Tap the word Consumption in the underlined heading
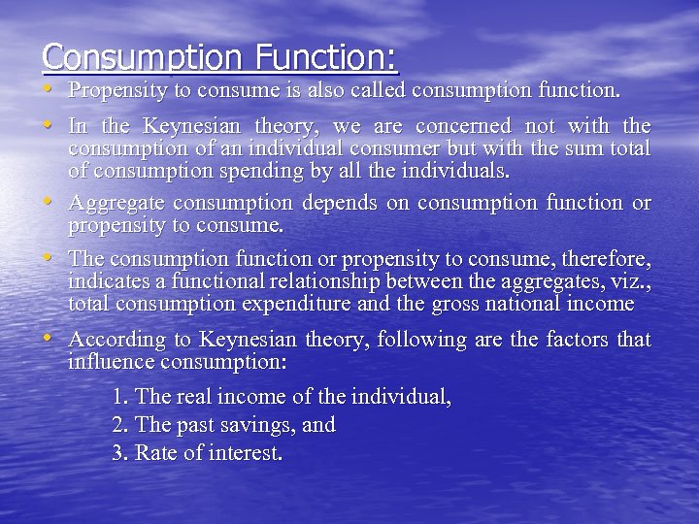(142, 58)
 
